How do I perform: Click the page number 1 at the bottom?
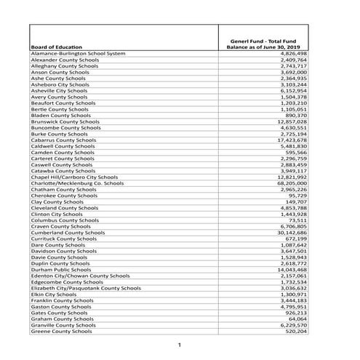179,343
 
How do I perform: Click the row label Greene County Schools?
61,331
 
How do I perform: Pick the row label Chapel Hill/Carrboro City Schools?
74,177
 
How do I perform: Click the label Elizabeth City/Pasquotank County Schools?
86,287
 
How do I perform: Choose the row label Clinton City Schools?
57,214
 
